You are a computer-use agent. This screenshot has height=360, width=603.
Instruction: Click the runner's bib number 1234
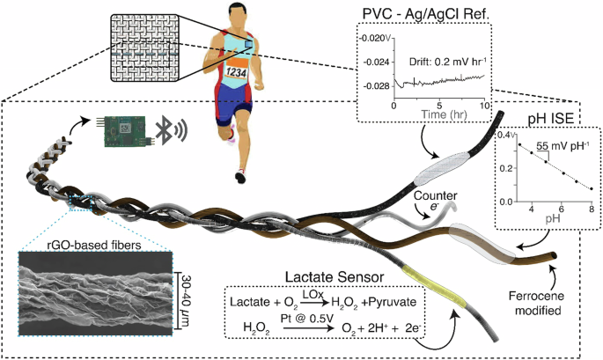(x=235, y=73)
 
